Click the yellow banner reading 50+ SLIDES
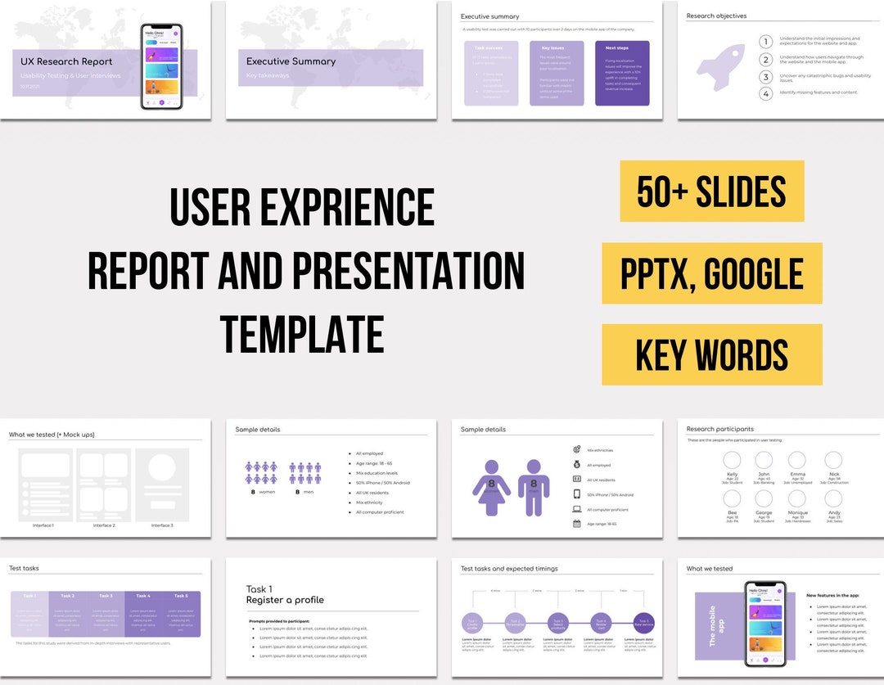point(711,191)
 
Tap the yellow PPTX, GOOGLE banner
point(711,273)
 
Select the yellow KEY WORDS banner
point(711,354)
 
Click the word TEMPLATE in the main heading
point(302,334)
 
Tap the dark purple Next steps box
point(622,73)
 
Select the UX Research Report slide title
point(66,61)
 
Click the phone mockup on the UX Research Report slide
point(161,65)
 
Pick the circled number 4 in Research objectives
point(765,93)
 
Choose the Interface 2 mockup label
point(103,525)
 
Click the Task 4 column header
point(143,596)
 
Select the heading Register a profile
point(285,600)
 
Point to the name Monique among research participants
point(797,513)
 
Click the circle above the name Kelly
point(732,460)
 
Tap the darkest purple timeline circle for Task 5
point(644,623)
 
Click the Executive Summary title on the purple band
point(291,61)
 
